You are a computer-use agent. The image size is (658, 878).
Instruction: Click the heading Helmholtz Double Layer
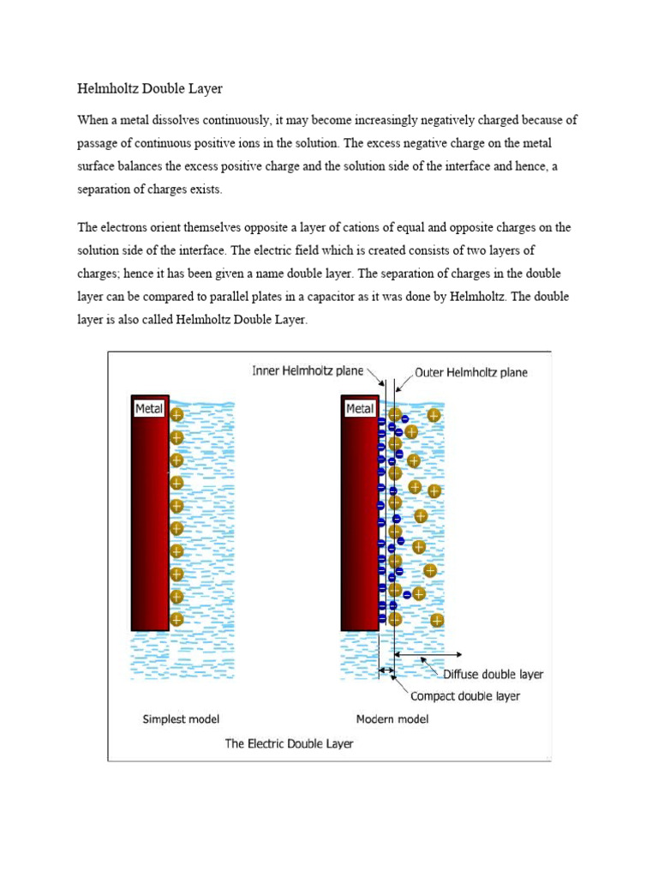click(x=150, y=88)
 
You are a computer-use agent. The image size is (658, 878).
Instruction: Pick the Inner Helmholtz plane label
click(x=308, y=371)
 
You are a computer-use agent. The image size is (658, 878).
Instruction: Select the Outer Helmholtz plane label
click(x=471, y=372)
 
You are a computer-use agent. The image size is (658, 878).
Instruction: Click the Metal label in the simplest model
click(x=150, y=409)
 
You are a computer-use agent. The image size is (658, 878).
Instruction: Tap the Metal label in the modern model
click(x=360, y=409)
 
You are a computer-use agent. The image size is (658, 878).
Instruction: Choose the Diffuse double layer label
click(x=493, y=674)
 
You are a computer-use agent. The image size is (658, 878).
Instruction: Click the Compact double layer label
click(x=465, y=695)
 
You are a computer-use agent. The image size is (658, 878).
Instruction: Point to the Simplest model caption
click(x=181, y=719)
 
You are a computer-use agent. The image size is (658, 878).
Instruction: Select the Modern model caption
click(x=392, y=719)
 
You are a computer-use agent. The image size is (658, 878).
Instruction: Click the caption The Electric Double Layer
click(x=289, y=743)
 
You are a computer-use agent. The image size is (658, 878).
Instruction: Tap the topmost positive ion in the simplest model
click(x=176, y=415)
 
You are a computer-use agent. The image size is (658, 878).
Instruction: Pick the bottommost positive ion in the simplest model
click(x=176, y=619)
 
